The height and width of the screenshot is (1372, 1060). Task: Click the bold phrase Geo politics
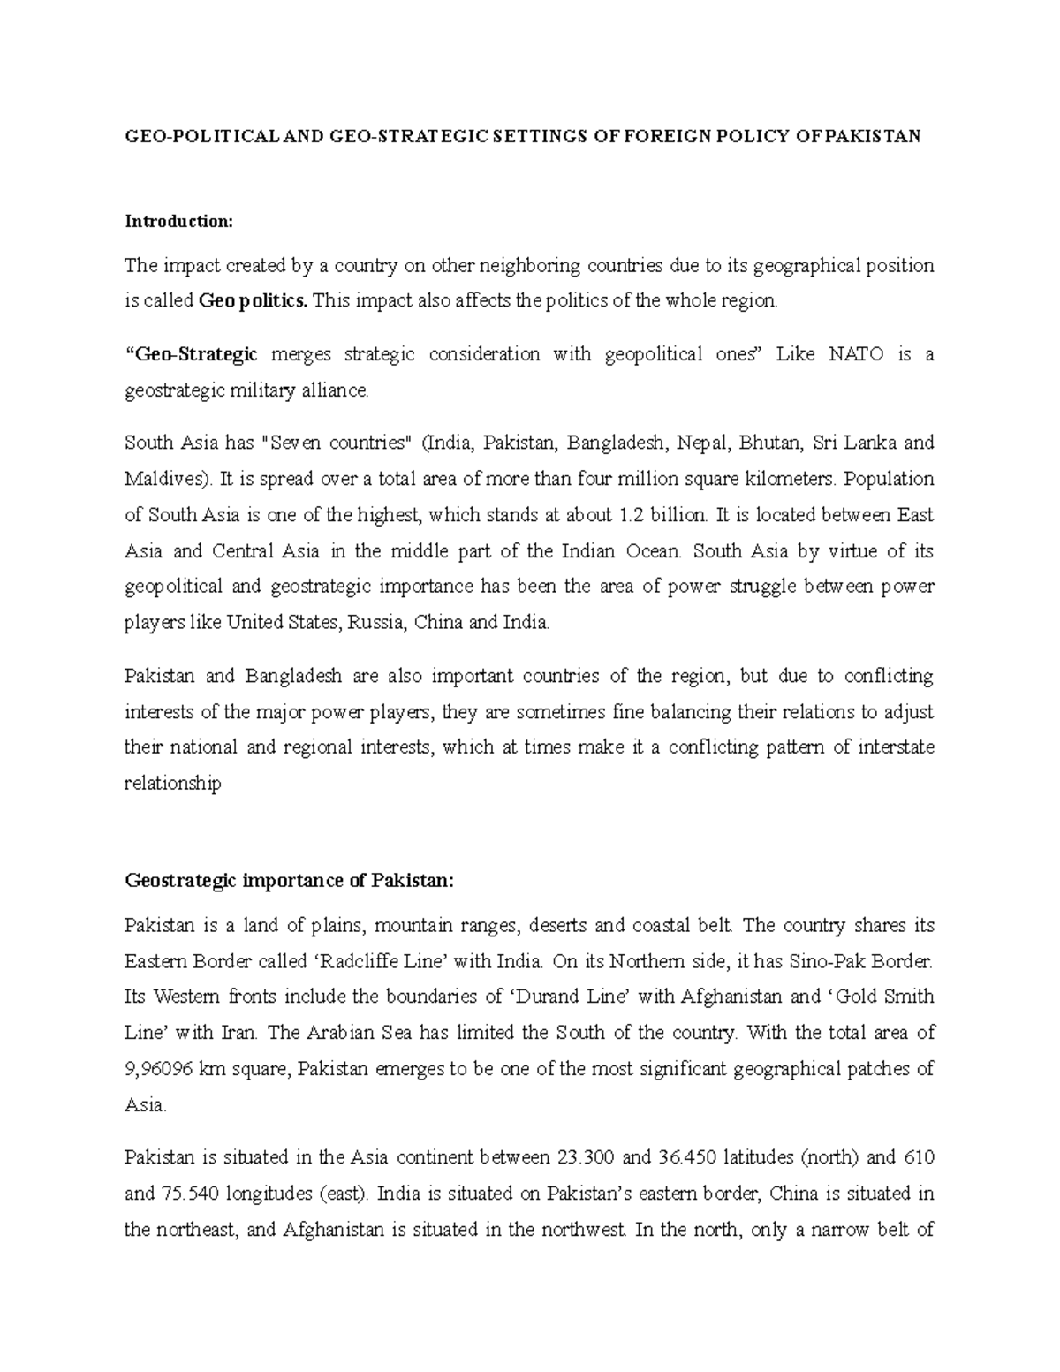pyautogui.click(x=254, y=301)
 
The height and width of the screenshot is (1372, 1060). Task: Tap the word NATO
pyautogui.click(x=856, y=354)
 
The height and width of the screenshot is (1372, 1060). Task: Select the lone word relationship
pyautogui.click(x=172, y=784)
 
